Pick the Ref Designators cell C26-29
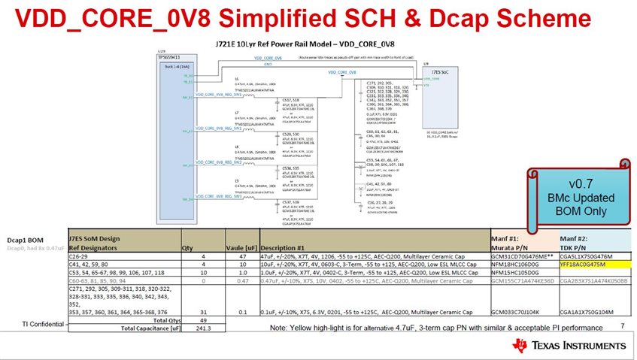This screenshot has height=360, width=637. [x=82, y=256]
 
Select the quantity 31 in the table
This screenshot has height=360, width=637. [x=188, y=310]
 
